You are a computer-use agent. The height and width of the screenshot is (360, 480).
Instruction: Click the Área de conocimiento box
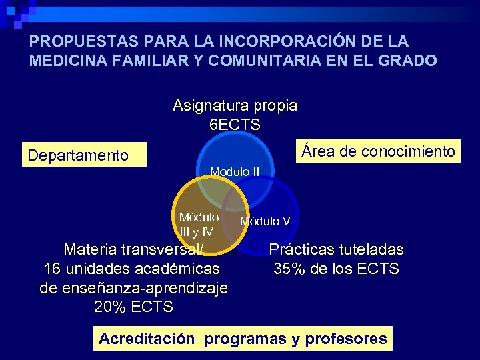pyautogui.click(x=378, y=151)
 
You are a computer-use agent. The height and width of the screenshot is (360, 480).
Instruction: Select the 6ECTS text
pyautogui.click(x=235, y=125)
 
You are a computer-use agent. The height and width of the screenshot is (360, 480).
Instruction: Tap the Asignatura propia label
pyautogui.click(x=235, y=105)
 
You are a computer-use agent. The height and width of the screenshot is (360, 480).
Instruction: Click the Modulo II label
pyautogui.click(x=235, y=172)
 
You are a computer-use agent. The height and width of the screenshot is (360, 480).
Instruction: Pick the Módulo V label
pyautogui.click(x=265, y=221)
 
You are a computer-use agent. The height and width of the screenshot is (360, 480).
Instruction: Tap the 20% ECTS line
pyautogui.click(x=134, y=307)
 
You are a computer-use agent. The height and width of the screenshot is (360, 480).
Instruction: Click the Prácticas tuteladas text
pyautogui.click(x=336, y=249)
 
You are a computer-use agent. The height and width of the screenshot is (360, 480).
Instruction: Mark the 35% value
pyautogui.click(x=288, y=269)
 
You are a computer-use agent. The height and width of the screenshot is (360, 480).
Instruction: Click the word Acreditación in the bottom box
pyautogui.click(x=147, y=339)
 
